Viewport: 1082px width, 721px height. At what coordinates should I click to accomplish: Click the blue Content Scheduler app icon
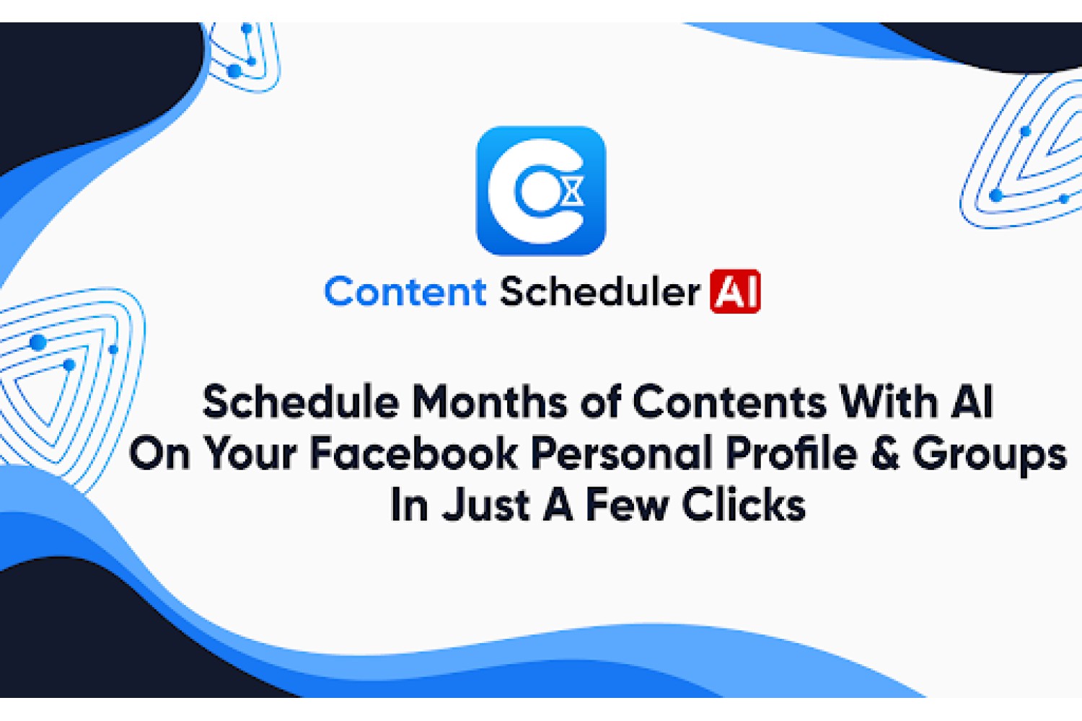pyautogui.click(x=540, y=190)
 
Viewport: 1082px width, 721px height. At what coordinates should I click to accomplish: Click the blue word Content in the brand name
pyautogui.click(x=405, y=292)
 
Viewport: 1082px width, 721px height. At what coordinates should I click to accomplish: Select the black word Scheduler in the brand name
pyautogui.click(x=599, y=292)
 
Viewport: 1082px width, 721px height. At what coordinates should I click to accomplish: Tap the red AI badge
pyautogui.click(x=735, y=291)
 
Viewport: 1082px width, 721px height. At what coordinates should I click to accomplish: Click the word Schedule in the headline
pyautogui.click(x=301, y=402)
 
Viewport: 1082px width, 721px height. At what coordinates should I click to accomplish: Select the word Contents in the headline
pyautogui.click(x=729, y=402)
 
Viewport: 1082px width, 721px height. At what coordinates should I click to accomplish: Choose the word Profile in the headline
pyautogui.click(x=792, y=454)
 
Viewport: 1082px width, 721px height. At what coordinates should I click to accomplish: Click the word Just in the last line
pyautogui.click(x=485, y=505)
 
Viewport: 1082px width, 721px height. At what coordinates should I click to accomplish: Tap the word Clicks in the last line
pyautogui.click(x=744, y=505)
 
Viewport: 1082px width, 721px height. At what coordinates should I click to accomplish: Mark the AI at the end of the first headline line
pyautogui.click(x=972, y=402)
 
